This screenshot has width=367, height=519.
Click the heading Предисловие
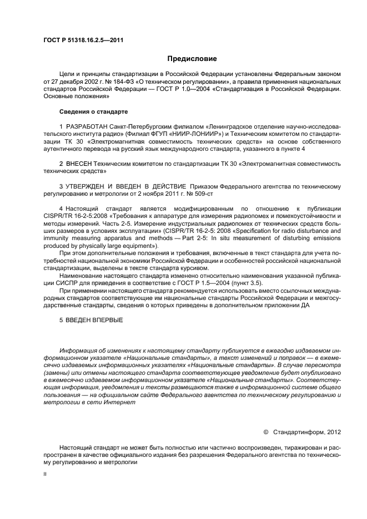click(x=192, y=58)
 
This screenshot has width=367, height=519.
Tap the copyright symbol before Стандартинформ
click(x=265, y=430)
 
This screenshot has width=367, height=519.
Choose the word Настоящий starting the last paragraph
click(x=77, y=446)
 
